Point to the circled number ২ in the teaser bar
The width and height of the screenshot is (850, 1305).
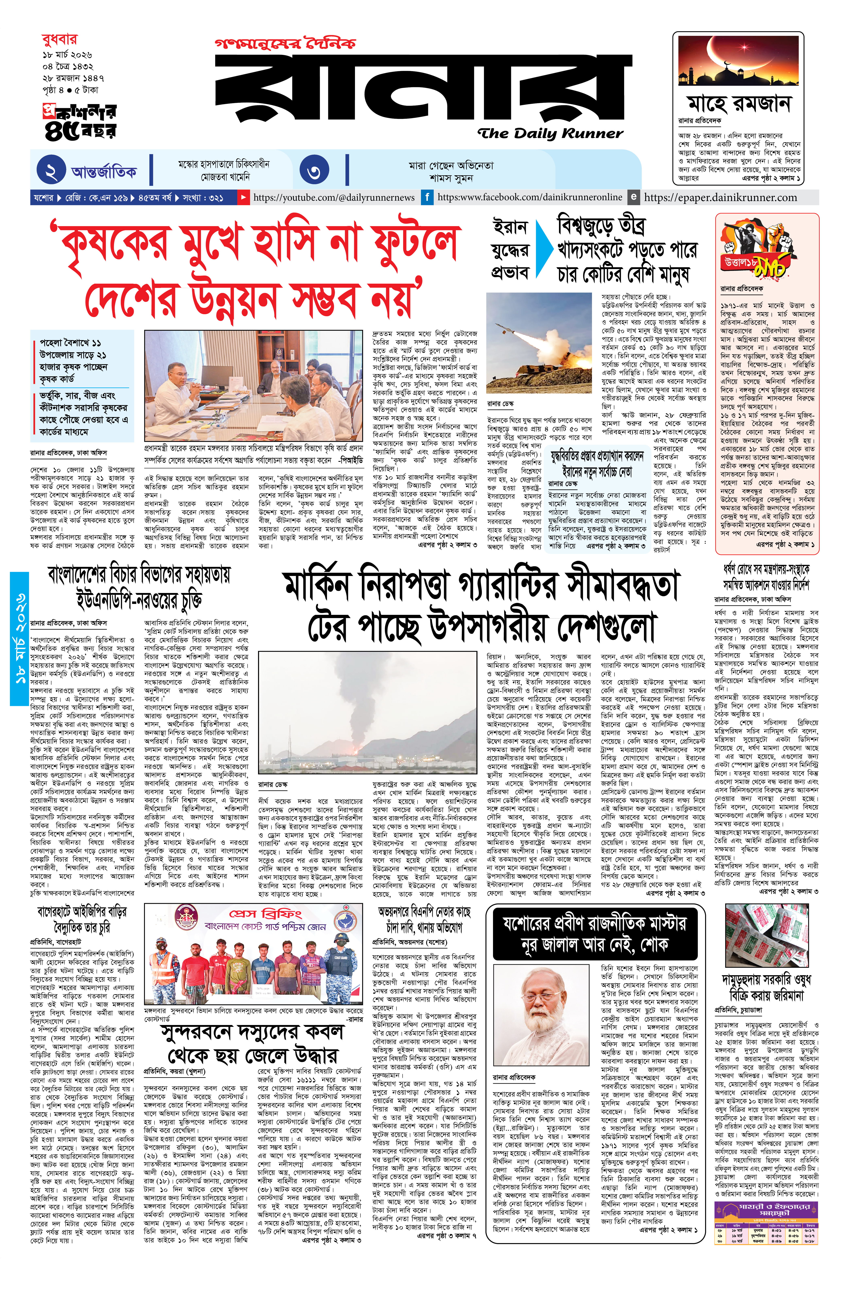pyautogui.click(x=52, y=171)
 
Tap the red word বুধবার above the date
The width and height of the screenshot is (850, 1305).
pyautogui.click(x=59, y=39)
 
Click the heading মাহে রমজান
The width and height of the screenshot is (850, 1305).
pyautogui.click(x=739, y=103)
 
